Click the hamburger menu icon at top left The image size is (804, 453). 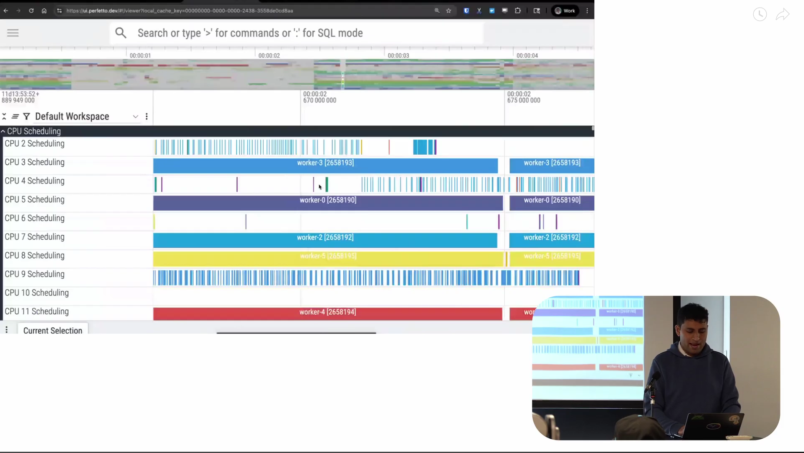pyautogui.click(x=13, y=33)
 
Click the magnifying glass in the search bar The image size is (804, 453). pyautogui.click(x=121, y=33)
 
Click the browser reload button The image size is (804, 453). pyautogui.click(x=31, y=11)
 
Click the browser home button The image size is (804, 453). pyautogui.click(x=44, y=11)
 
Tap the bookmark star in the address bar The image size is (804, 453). pyautogui.click(x=449, y=11)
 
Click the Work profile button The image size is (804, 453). pyautogui.click(x=565, y=11)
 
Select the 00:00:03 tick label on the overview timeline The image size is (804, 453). pyautogui.click(x=398, y=55)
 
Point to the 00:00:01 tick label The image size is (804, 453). pyautogui.click(x=140, y=55)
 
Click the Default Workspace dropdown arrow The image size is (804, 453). pyautogui.click(x=135, y=116)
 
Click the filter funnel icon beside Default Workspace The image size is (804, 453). pyautogui.click(x=26, y=116)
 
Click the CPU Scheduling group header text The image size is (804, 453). pyautogui.click(x=34, y=131)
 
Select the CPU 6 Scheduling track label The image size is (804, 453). pyautogui.click(x=34, y=218)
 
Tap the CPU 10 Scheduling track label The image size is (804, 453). pyautogui.click(x=36, y=293)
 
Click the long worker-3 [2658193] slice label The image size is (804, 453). pyautogui.click(x=325, y=163)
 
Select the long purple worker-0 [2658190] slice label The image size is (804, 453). pyautogui.click(x=328, y=200)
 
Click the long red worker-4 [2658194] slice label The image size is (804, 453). pyautogui.click(x=327, y=312)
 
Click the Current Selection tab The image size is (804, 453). pyautogui.click(x=53, y=331)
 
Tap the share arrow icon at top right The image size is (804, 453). pyautogui.click(x=782, y=15)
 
